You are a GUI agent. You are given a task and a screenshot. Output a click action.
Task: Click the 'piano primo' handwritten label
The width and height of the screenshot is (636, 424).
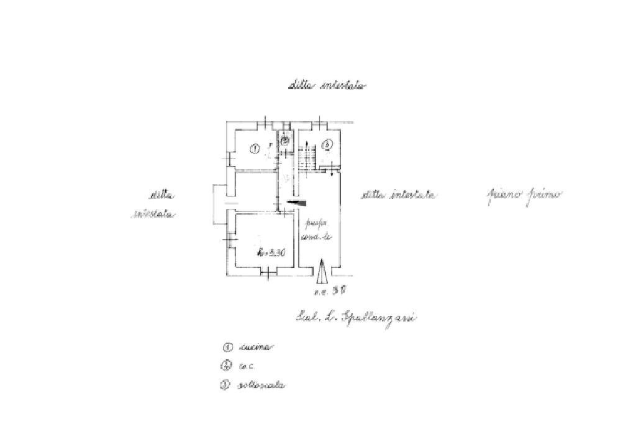click(x=523, y=195)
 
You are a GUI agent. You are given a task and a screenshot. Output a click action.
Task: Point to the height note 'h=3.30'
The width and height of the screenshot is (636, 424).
click(x=271, y=252)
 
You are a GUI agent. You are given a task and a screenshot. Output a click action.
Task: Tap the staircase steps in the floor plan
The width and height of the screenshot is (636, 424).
click(x=306, y=158)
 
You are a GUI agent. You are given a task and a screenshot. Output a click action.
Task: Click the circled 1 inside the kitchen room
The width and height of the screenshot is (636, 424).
click(x=254, y=149)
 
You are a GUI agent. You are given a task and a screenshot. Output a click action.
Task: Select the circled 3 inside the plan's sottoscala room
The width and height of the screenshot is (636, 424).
click(x=327, y=145)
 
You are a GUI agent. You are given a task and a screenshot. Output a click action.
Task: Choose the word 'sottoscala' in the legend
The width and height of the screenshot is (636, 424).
click(x=261, y=385)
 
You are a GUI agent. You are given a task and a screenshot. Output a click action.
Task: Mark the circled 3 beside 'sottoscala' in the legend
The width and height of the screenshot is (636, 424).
click(x=225, y=385)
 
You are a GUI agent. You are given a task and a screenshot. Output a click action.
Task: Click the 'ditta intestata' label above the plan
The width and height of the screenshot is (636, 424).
click(x=327, y=86)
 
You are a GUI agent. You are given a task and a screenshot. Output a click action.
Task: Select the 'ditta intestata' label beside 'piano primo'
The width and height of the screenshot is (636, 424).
click(x=399, y=195)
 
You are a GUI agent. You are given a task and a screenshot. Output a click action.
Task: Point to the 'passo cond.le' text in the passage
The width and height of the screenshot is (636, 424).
click(x=318, y=230)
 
